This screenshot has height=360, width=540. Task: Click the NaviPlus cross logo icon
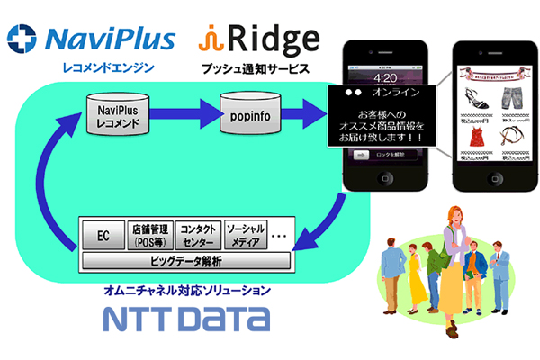[x=21, y=39]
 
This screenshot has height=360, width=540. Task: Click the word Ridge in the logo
[x=274, y=38]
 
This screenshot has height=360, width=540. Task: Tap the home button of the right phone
[x=493, y=204]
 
